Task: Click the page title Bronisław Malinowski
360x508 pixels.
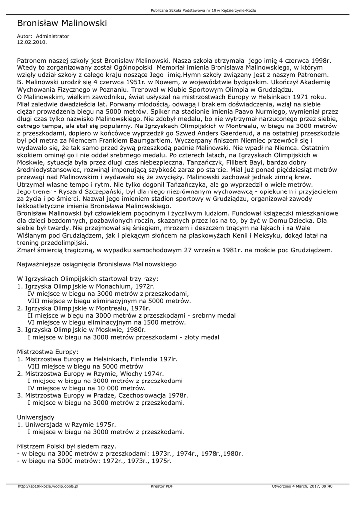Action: point(62,23)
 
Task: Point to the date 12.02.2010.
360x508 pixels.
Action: point(32,42)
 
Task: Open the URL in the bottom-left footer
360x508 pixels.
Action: point(48,486)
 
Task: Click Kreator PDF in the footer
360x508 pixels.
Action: point(162,486)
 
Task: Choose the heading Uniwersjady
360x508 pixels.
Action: point(36,417)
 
